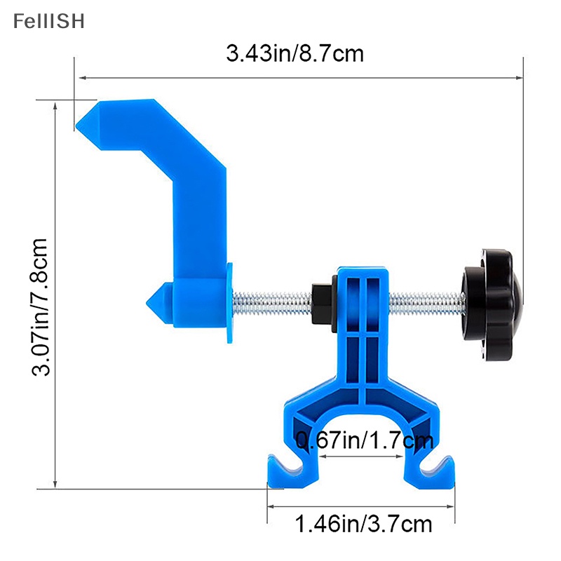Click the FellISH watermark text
click(x=48, y=21)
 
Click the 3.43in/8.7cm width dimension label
click(x=295, y=53)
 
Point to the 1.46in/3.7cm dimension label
click(x=363, y=523)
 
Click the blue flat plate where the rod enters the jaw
click(x=229, y=302)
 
